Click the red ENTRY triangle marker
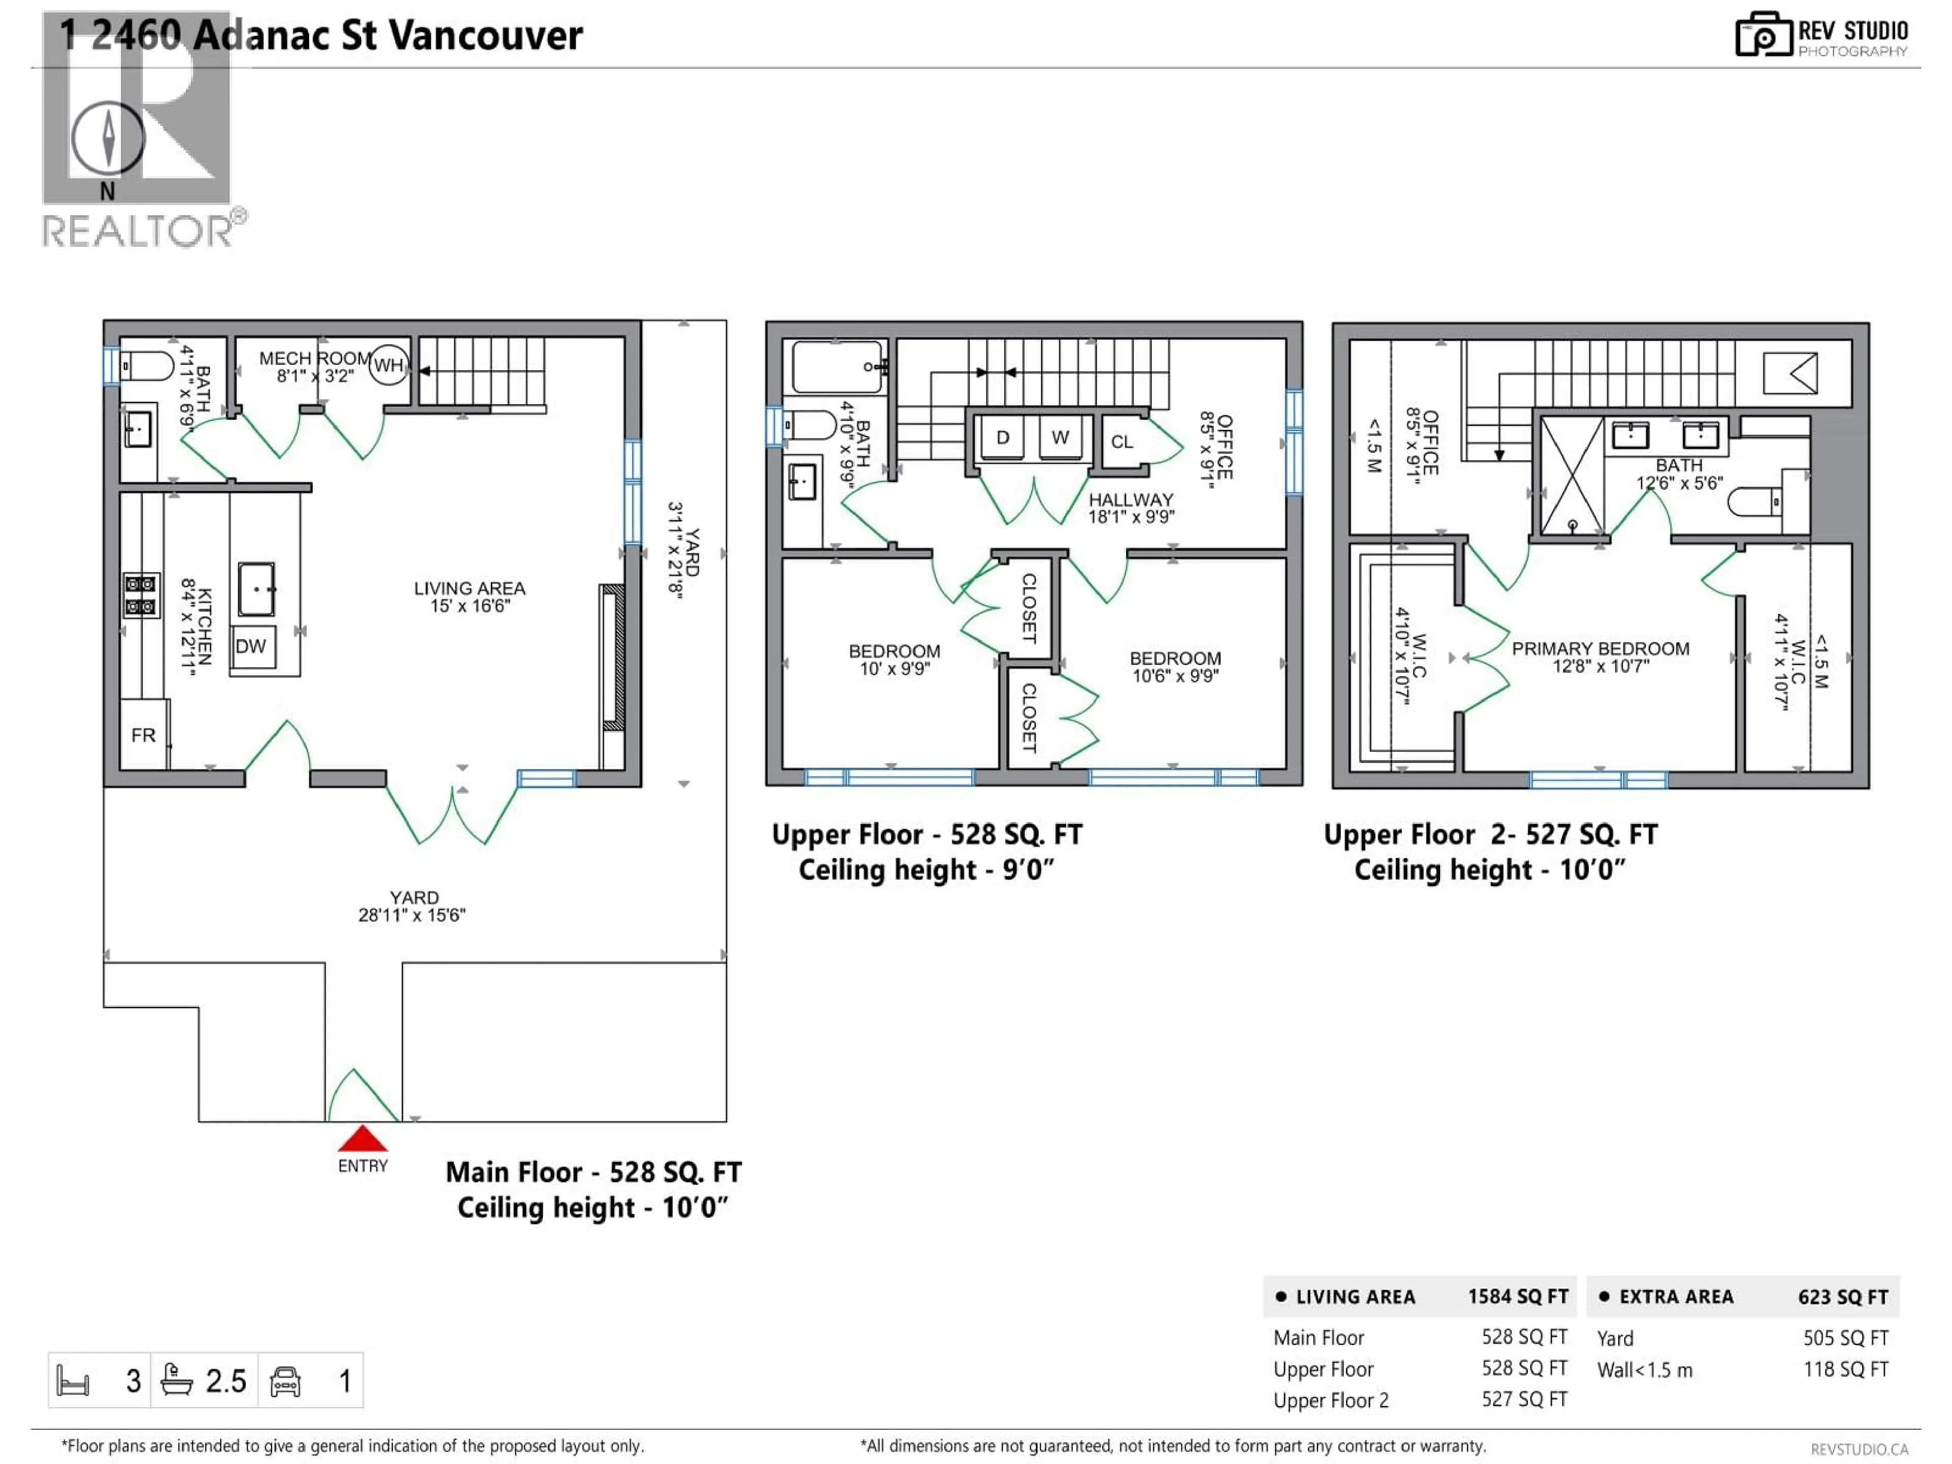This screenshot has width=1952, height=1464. click(x=362, y=1139)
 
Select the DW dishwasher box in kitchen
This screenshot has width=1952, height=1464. click(x=252, y=647)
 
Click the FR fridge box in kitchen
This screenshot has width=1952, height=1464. click(x=143, y=735)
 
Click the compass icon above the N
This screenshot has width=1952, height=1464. click(x=108, y=139)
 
